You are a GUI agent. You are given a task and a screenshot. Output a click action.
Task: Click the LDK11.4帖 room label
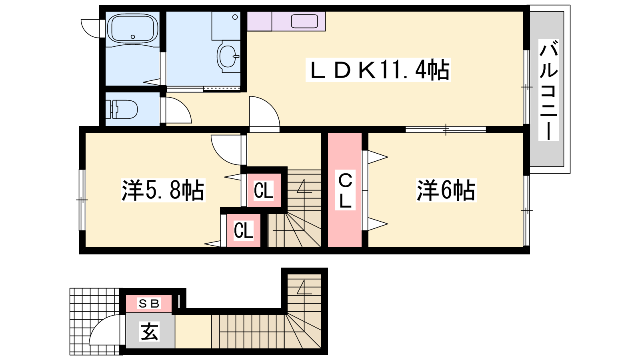tap(378, 70)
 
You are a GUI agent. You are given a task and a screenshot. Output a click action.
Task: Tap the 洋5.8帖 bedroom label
tap(163, 190)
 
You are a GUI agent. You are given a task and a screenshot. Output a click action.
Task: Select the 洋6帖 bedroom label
tap(446, 190)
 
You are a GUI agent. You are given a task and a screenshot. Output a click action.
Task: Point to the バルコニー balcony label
tap(548, 90)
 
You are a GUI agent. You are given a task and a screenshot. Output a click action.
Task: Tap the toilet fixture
tap(122, 109)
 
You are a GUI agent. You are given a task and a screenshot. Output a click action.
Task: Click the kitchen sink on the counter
tap(304, 22)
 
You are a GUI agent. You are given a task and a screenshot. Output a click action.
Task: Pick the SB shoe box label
tap(149, 303)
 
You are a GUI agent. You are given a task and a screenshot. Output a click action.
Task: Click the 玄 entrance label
tap(150, 332)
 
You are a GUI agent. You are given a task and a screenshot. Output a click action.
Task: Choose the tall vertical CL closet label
tap(345, 190)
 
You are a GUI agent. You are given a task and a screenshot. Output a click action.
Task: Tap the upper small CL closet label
tap(264, 190)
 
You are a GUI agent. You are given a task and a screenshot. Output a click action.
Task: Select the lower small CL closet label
tap(244, 230)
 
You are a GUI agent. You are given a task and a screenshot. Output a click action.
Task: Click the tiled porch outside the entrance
tap(94, 322)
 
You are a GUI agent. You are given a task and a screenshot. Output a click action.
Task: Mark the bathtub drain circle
tap(132, 37)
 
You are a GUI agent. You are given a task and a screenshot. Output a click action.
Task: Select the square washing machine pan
tap(226, 26)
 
